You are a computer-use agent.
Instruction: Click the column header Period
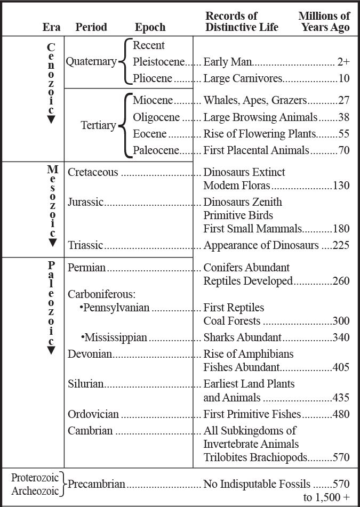91,27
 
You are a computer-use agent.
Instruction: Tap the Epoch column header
150,27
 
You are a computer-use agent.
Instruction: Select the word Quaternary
91,61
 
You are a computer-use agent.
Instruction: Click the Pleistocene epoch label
158,62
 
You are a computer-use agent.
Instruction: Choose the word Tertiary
98,125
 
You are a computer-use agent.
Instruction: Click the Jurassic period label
85,202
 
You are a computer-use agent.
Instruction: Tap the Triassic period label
85,245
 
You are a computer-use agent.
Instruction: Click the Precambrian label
96,484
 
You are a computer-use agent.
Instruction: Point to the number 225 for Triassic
341,245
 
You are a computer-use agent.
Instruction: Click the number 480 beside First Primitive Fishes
341,414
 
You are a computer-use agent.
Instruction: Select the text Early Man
228,62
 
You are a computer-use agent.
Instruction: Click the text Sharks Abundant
242,337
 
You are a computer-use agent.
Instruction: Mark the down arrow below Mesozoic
52,243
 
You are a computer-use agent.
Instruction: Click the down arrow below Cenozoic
51,119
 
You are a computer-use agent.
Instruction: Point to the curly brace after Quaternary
123,62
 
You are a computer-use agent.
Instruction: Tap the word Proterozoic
34,477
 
